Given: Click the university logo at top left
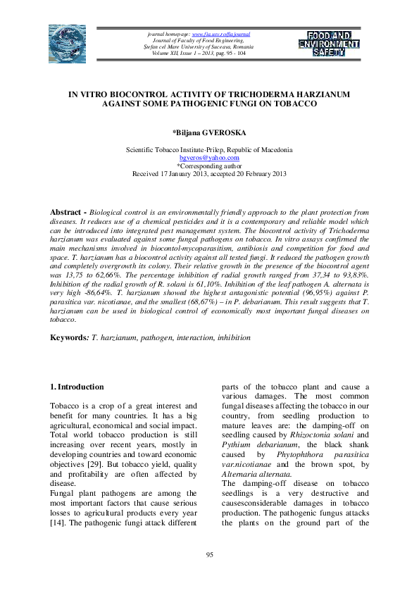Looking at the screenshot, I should click(x=66, y=42).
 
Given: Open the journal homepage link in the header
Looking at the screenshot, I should click(x=222, y=34).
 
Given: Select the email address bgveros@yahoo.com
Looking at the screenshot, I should click(x=209, y=158).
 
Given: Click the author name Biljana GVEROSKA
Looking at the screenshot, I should click(x=209, y=132).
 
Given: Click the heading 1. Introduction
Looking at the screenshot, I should click(x=77, y=387).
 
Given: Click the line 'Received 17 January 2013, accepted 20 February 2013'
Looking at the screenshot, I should click(x=209, y=173).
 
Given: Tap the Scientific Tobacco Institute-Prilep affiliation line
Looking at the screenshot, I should click(x=209, y=150).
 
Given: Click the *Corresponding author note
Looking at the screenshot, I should click(x=209, y=166).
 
